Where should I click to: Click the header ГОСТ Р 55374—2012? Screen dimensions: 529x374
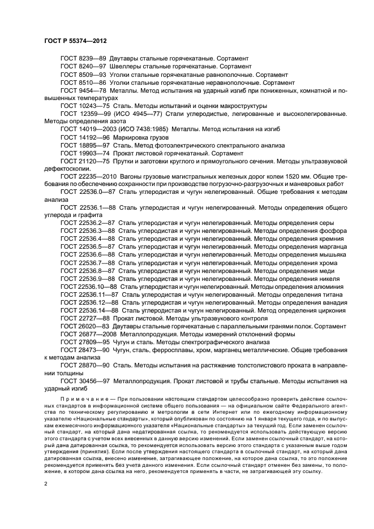pyautogui.click(x=75, y=41)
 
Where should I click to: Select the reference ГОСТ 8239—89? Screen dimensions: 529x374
pyautogui.click(x=83, y=59)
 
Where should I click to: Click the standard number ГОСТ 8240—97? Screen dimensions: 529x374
pyautogui.click(x=83, y=66)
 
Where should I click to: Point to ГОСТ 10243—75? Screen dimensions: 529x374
pyautogui.click(x=85, y=106)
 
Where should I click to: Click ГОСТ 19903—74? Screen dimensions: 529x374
pyautogui.click(x=85, y=153)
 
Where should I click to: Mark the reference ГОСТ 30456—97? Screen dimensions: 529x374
pyautogui.click(x=85, y=381)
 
